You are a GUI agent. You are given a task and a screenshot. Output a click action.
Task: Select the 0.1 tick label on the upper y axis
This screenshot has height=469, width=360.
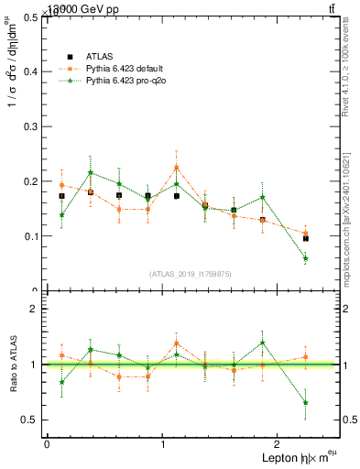point(32,236)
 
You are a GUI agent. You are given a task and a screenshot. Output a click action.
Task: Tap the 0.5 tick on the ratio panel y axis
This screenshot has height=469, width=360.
point(32,420)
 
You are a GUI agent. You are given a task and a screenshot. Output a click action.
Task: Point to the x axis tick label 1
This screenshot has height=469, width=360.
point(163,444)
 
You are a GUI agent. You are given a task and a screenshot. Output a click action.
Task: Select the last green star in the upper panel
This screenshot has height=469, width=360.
point(306,258)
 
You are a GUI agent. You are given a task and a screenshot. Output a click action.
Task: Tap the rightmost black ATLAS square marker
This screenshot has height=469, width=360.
point(306,238)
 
